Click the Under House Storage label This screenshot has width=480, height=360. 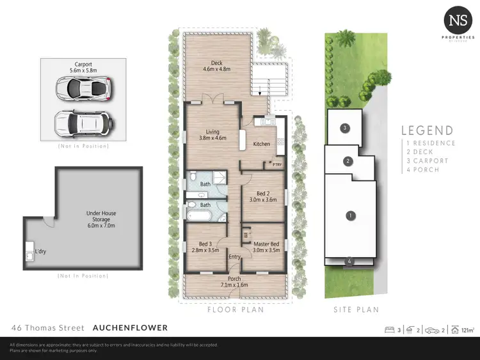pos(101,215)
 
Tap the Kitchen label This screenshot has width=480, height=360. pos(262,144)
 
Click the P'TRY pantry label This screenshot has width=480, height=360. pos(276,165)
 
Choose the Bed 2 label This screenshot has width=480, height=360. pos(262,196)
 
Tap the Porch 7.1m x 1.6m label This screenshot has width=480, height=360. pos(234,281)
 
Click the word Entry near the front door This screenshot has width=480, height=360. pos(235,257)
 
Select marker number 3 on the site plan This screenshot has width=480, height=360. pos(344,129)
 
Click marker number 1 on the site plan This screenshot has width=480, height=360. pos(350,215)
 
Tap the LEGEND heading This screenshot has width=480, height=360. pos(427,131)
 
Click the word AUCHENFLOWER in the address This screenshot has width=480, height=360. pos(130,327)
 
